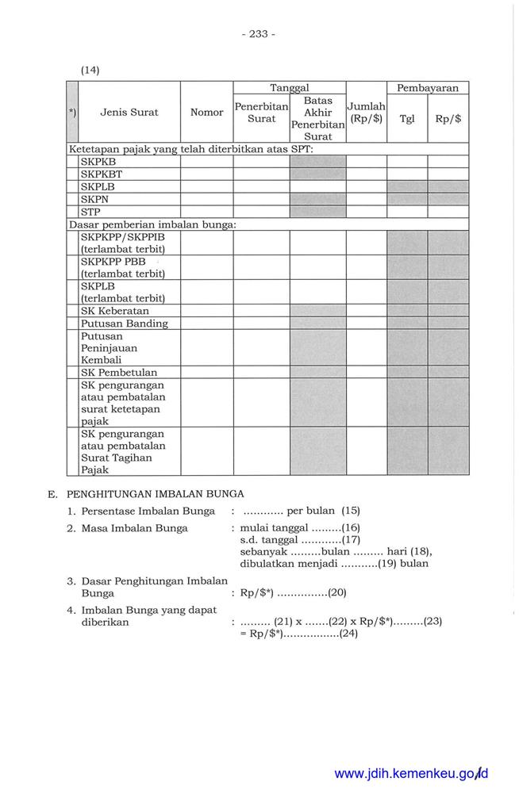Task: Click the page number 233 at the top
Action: click(x=258, y=34)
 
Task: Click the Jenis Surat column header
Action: click(x=129, y=113)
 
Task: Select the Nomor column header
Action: click(x=206, y=113)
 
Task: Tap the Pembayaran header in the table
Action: click(x=427, y=88)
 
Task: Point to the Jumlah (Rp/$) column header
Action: click(x=366, y=113)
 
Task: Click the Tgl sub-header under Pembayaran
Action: click(x=407, y=119)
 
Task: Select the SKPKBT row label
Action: click(x=101, y=174)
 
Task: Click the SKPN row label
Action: click(x=95, y=200)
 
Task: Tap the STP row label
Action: click(x=90, y=213)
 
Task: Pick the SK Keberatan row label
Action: click(x=115, y=311)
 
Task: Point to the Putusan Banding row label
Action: click(x=124, y=324)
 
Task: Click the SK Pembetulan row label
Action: click(x=119, y=372)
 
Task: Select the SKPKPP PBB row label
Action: click(x=113, y=262)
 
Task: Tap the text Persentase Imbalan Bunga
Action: click(x=147, y=511)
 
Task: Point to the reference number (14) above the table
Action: click(x=89, y=70)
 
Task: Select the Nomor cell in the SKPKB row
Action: click(x=206, y=162)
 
